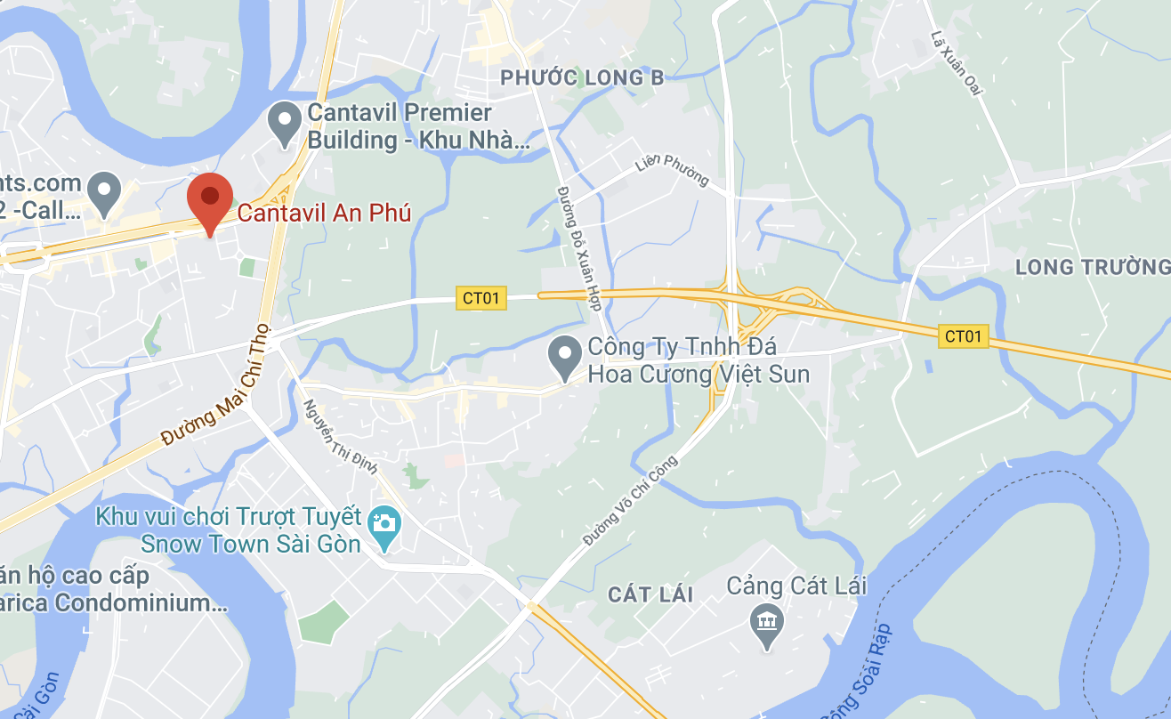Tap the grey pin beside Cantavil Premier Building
pyautogui.click(x=285, y=124)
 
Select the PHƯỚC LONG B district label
pyautogui.click(x=582, y=78)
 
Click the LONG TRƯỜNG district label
pyautogui.click(x=1093, y=266)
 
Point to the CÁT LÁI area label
pyautogui.click(x=650, y=594)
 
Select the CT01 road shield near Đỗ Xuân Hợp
pyautogui.click(x=481, y=298)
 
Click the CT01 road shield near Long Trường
pyautogui.click(x=964, y=335)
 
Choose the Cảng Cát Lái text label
pyautogui.click(x=796, y=586)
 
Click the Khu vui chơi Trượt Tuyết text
pyautogui.click(x=229, y=517)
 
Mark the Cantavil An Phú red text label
pyautogui.click(x=324, y=214)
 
